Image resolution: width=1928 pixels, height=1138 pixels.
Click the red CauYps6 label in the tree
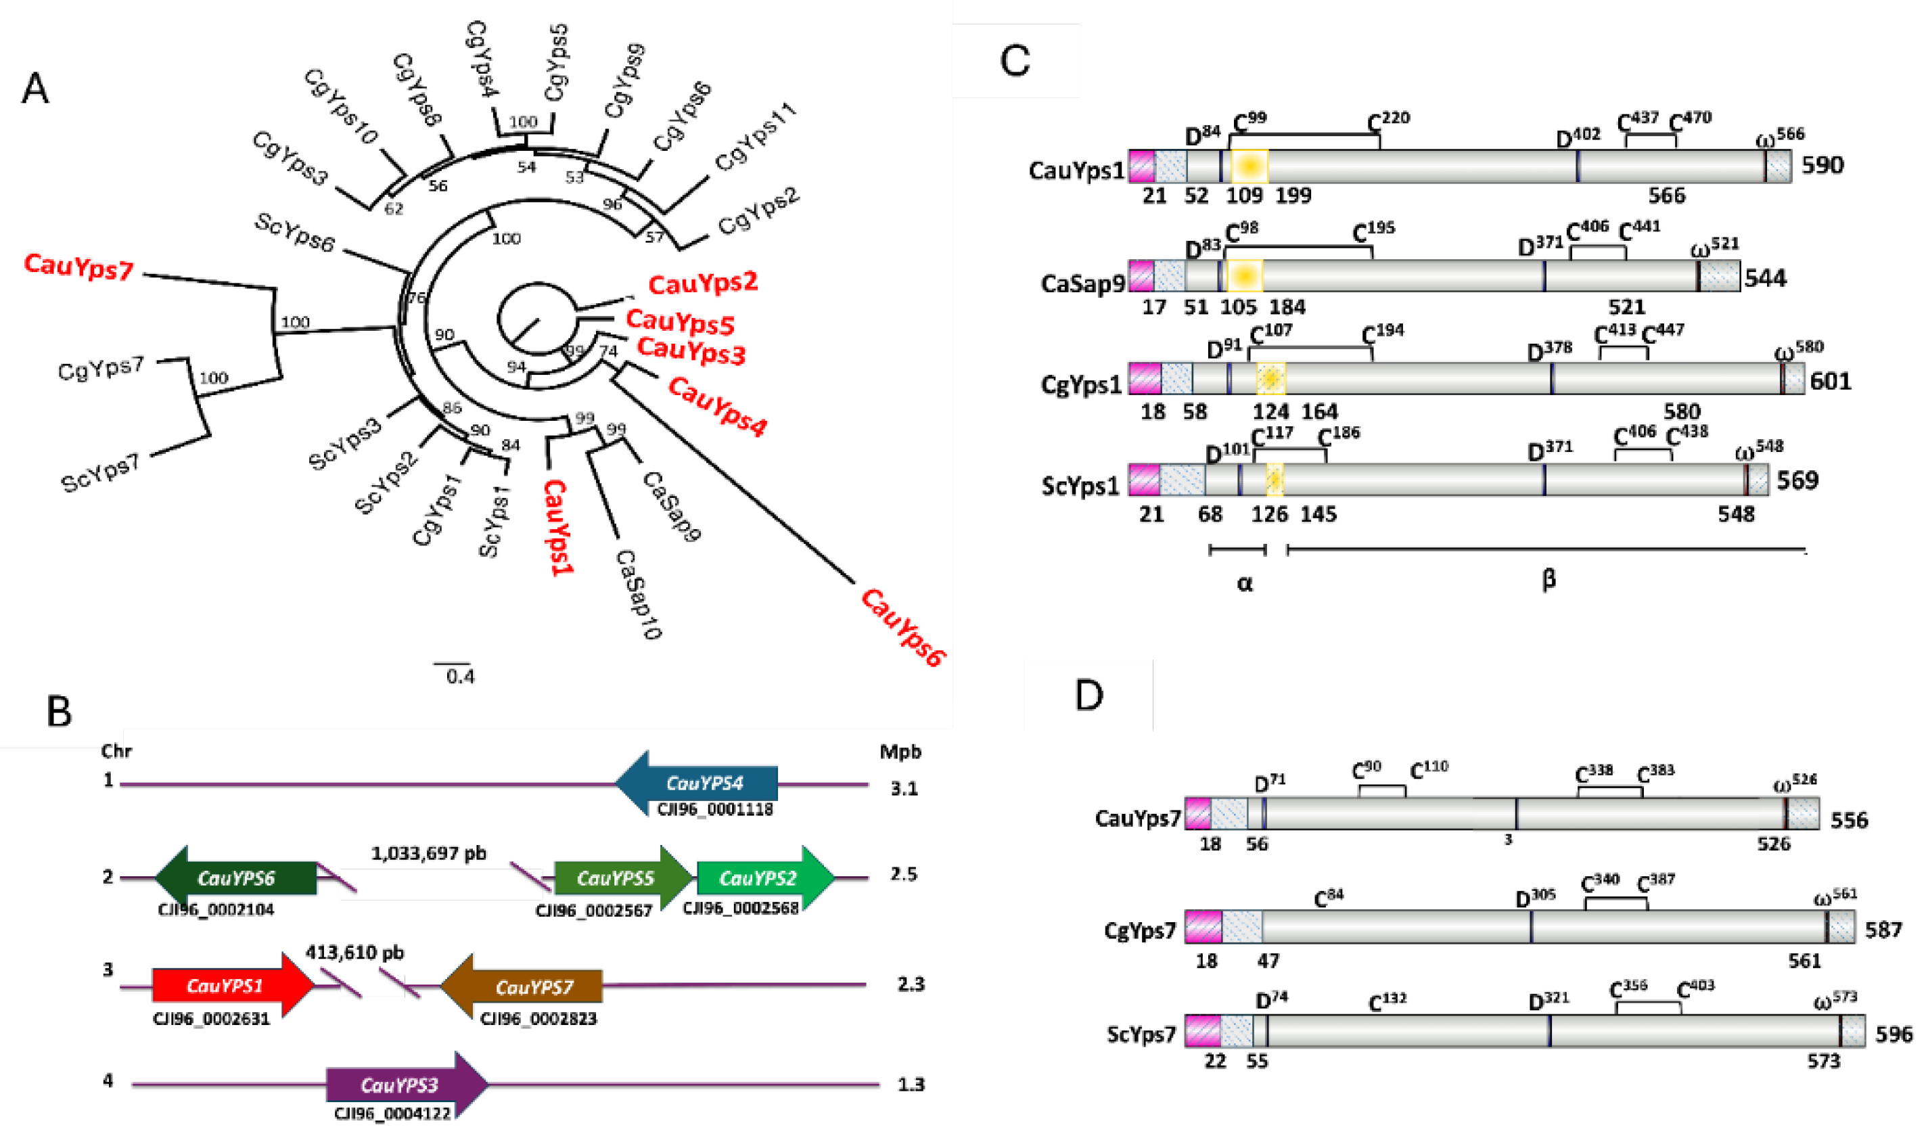pos(903,627)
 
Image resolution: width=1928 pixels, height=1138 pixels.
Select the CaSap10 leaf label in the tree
pos(639,594)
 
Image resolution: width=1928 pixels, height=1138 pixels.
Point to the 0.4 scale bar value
pos(460,677)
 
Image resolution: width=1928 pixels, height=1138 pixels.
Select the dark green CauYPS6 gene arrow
pos(236,878)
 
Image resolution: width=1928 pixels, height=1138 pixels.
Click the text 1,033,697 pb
pos(428,854)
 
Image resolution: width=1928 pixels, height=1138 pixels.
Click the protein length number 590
pos(1822,165)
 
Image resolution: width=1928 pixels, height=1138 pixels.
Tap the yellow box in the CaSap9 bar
pos(1243,275)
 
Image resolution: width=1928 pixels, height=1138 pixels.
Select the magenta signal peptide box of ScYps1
pos(1144,479)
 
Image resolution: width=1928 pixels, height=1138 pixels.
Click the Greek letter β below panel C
pos(1548,580)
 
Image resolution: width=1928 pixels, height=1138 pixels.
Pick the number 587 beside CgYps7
pos(1883,930)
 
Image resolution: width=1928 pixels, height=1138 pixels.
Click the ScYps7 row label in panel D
pos(1141,1034)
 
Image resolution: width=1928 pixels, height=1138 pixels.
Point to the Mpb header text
pos(900,752)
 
